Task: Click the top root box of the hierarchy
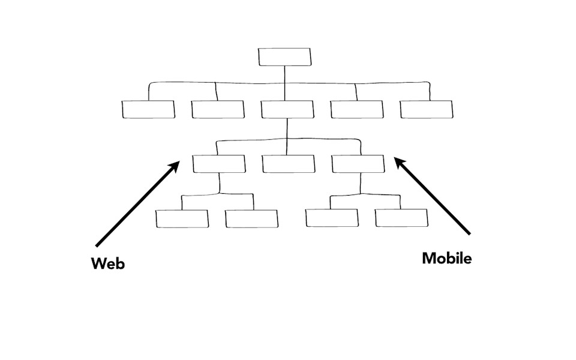(285, 56)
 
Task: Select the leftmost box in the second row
(148, 109)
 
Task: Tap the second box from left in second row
(218, 109)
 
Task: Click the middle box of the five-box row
(287, 109)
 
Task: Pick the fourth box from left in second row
(356, 109)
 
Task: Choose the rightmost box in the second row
(426, 109)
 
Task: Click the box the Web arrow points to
(219, 164)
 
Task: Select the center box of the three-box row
(288, 164)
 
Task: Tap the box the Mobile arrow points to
(358, 164)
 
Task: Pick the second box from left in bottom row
(252, 218)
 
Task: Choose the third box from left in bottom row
(332, 218)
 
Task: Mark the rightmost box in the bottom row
(401, 218)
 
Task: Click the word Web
(108, 263)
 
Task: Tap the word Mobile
(446, 258)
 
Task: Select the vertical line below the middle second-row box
(287, 129)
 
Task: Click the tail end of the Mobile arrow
(470, 232)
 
